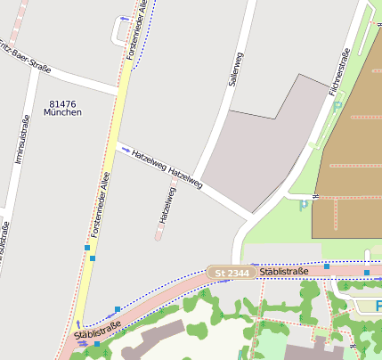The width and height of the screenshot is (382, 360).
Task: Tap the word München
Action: (62, 113)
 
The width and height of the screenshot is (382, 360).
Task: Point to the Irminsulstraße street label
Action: (18, 139)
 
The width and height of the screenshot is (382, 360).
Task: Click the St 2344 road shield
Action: (230, 272)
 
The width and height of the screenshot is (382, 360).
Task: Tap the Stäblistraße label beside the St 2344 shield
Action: (285, 271)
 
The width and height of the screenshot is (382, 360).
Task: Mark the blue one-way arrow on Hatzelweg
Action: (126, 150)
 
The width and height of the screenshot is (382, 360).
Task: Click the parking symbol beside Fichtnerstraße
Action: (337, 106)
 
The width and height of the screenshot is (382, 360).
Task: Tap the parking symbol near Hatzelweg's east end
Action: (304, 204)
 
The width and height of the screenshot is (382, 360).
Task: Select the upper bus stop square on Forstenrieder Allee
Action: (87, 247)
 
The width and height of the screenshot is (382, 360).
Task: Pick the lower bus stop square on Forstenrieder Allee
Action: (93, 258)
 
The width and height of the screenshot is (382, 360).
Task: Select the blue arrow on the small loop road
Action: (123, 18)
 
